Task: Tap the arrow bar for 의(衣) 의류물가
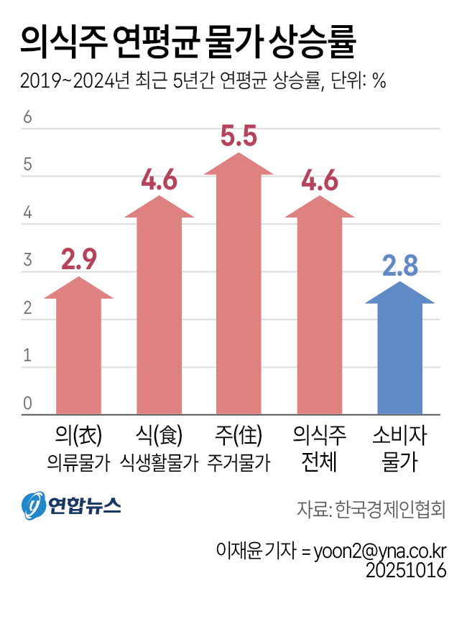click(x=79, y=352)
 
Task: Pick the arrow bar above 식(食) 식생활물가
click(x=159, y=309)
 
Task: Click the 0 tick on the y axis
click(x=28, y=404)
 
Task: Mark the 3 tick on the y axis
click(x=28, y=261)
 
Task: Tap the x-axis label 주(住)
click(x=239, y=436)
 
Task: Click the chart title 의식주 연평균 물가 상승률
click(x=188, y=42)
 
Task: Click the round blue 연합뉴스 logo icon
click(x=33, y=507)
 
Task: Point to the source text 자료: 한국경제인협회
click(x=371, y=510)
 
